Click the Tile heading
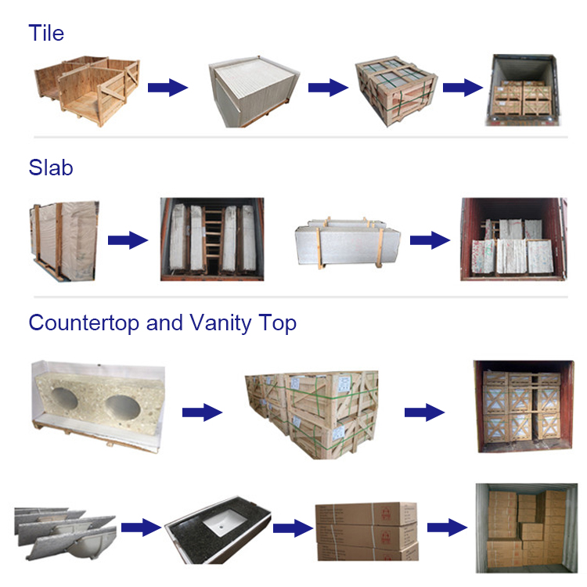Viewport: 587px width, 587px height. pos(46,33)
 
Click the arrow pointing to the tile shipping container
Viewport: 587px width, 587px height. pos(463,88)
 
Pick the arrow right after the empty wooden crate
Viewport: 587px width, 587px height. pos(168,88)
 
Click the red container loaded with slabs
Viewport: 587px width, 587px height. pos(513,239)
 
